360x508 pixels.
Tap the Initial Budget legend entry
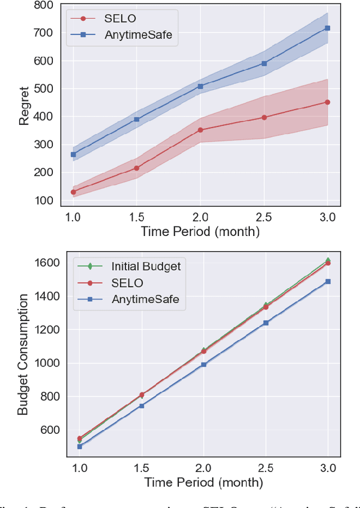pos(145,266)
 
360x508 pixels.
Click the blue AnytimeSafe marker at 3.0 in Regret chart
pos(327,28)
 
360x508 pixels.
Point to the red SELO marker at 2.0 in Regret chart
pos(200,130)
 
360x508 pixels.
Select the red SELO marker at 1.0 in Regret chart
pos(73,192)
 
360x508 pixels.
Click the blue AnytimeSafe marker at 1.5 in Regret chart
pos(137,119)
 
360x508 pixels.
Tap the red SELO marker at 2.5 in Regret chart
pos(264,117)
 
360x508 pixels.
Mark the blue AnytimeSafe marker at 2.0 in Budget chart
pos(204,365)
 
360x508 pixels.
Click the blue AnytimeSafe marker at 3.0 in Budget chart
pos(328,282)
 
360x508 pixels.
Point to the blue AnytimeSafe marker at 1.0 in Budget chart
pos(79,446)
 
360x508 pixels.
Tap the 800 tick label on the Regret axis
pos(43,6)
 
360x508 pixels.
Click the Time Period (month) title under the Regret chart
pos(200,231)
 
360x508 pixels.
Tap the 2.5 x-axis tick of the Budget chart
pos(265,468)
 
